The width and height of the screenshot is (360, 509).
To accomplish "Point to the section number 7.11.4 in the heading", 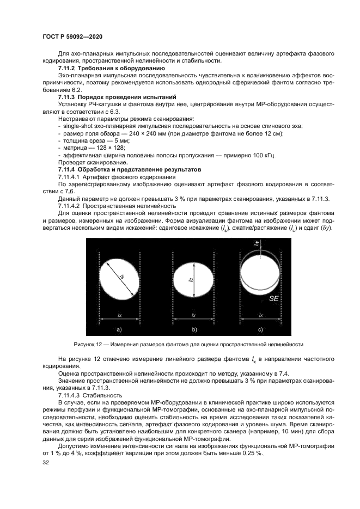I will tap(68, 169).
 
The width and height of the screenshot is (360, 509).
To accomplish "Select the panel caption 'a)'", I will tap(119, 330).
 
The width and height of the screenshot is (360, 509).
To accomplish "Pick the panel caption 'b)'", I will tap(193, 330).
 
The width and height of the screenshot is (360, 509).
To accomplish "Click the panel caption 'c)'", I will tap(261, 330).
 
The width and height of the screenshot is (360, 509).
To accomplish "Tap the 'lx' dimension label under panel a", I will tap(119, 315).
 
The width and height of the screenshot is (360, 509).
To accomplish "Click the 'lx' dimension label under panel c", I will tap(261, 315).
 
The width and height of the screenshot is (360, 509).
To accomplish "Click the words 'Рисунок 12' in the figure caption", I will tap(88, 345).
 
